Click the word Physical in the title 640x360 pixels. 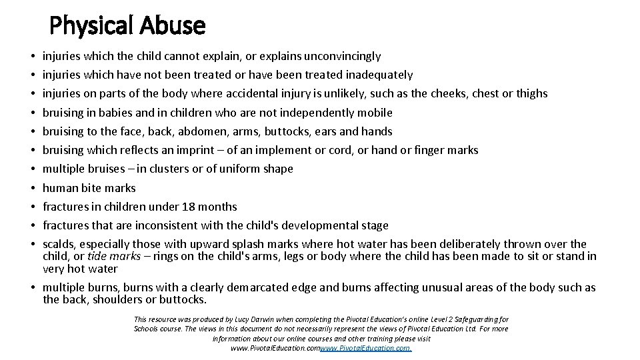point(92,25)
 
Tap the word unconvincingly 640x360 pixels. point(342,56)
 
